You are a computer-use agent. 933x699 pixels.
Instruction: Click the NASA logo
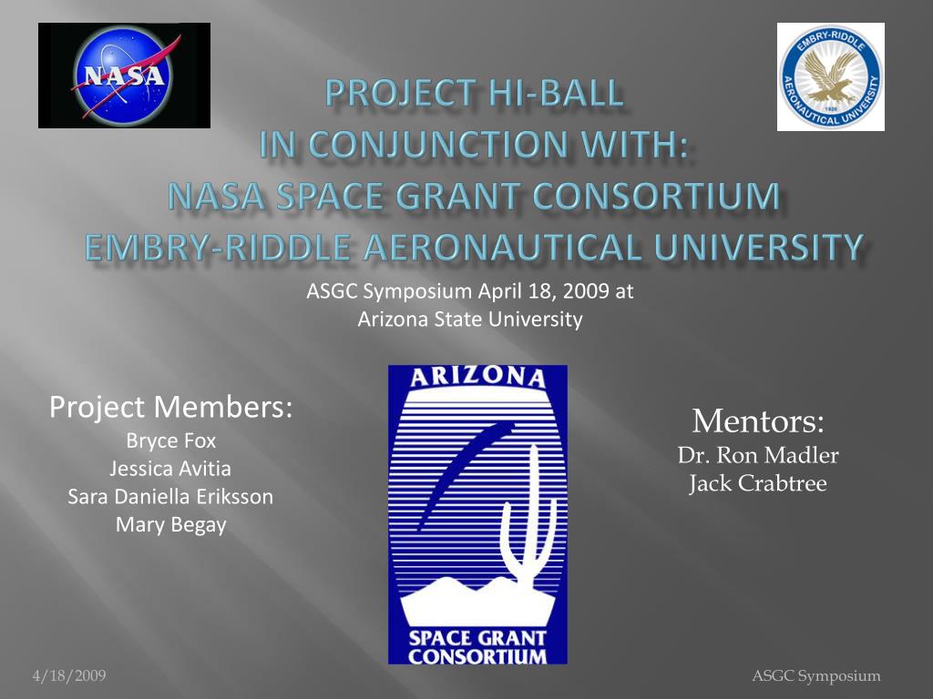click(124, 76)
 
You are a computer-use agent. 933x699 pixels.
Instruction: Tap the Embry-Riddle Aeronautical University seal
click(830, 77)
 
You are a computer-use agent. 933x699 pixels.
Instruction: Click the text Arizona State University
click(469, 319)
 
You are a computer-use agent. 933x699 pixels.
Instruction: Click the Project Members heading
click(171, 407)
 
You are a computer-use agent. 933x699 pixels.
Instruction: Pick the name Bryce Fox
click(171, 441)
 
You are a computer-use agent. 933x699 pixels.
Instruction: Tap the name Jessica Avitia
click(171, 469)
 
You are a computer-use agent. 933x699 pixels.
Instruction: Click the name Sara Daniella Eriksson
click(171, 497)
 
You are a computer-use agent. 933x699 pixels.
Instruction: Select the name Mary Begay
click(171, 525)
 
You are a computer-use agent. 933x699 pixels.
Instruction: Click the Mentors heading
click(758, 421)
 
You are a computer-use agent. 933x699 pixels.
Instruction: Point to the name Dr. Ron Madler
click(758, 455)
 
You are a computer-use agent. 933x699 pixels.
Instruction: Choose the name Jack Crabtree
click(758, 483)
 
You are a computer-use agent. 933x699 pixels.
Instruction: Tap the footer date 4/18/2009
click(69, 675)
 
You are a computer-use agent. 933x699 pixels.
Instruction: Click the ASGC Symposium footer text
click(816, 675)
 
